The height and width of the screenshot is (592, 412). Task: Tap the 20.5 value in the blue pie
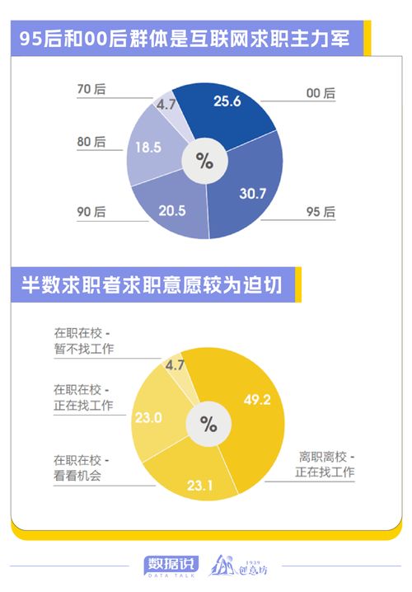click(x=171, y=211)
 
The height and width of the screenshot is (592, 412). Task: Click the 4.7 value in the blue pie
click(x=167, y=106)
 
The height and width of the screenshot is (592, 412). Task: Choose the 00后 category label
click(x=321, y=94)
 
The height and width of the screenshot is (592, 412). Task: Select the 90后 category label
click(x=91, y=212)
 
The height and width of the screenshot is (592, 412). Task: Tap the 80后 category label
click(x=91, y=142)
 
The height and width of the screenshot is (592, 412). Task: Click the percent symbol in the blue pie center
click(x=204, y=161)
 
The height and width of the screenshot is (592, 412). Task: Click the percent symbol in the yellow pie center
click(x=208, y=425)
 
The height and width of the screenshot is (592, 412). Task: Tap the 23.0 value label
click(x=148, y=418)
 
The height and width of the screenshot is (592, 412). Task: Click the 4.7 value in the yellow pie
click(x=175, y=364)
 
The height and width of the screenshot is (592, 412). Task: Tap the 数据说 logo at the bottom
click(x=172, y=565)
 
